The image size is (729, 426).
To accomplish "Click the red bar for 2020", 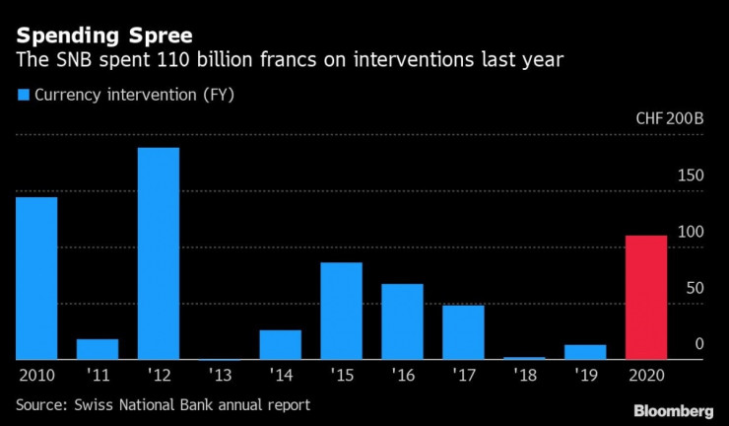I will pyautogui.click(x=646, y=298).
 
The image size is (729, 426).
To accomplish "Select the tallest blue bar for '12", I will pyautogui.click(x=159, y=253).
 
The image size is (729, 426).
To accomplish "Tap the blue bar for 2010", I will pyautogui.click(x=36, y=278).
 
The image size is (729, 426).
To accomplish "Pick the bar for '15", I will pyautogui.click(x=341, y=311).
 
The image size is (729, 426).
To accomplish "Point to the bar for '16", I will pyautogui.click(x=402, y=321).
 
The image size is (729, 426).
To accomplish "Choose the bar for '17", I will pyautogui.click(x=463, y=332).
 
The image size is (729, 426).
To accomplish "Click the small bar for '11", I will pyautogui.click(x=98, y=349).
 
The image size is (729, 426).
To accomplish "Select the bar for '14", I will pyautogui.click(x=280, y=344).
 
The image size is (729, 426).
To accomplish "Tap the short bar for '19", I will pyautogui.click(x=585, y=352).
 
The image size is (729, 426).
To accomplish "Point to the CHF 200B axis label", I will pyautogui.click(x=670, y=119).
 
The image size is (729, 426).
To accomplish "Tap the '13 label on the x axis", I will pyautogui.click(x=220, y=376).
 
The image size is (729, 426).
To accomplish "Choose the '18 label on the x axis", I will pyautogui.click(x=524, y=376).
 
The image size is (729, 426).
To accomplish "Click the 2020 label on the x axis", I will pyautogui.click(x=646, y=376).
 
